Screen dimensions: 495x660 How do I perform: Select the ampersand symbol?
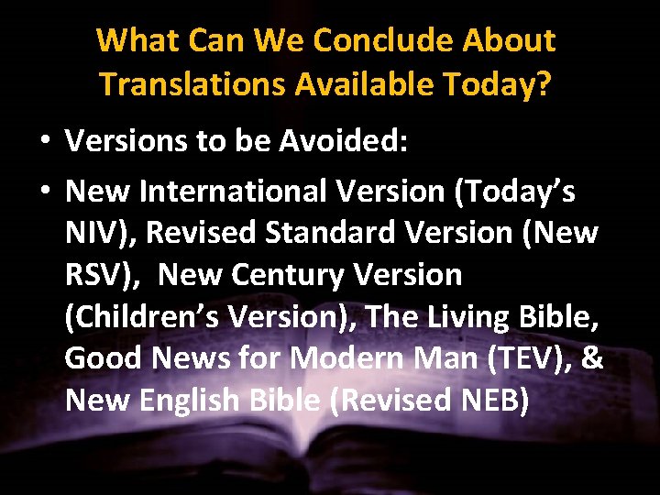[593, 357]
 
